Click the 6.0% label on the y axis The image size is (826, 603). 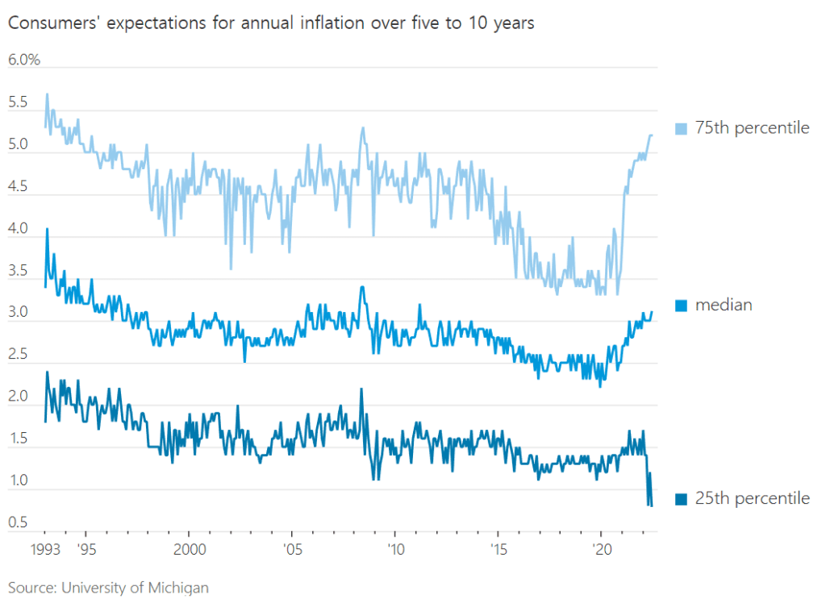tap(24, 60)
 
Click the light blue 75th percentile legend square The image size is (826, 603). tap(680, 128)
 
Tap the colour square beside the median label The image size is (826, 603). tap(680, 305)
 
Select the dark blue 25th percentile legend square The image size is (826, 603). tap(680, 498)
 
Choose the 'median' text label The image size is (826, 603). tap(724, 305)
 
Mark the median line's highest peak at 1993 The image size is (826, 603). tap(47, 229)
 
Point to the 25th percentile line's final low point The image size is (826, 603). tap(651, 505)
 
